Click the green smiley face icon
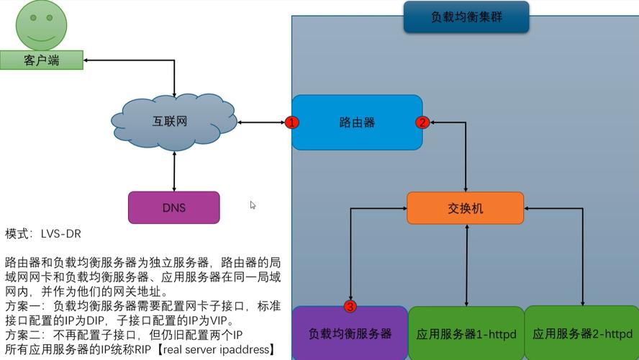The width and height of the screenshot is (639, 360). [42, 25]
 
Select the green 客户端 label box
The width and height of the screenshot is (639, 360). [41, 60]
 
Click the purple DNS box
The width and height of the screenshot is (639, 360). [173, 207]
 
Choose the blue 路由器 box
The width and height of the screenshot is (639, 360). [357, 122]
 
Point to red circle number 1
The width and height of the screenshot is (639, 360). [292, 122]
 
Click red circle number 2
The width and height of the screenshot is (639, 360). [422, 122]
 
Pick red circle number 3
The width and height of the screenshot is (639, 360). [350, 307]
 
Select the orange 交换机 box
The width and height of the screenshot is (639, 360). [465, 208]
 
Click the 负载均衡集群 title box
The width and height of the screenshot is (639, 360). [466, 17]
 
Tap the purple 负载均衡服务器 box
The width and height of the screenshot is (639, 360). [350, 333]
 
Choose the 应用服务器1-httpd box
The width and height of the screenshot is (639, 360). [466, 333]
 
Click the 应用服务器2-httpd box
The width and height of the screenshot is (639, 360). [581, 333]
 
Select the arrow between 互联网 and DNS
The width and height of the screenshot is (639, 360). [174, 171]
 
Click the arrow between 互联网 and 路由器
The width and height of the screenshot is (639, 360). [260, 122]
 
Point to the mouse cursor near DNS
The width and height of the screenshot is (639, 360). [253, 205]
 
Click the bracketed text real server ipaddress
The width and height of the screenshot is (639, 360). [217, 350]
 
